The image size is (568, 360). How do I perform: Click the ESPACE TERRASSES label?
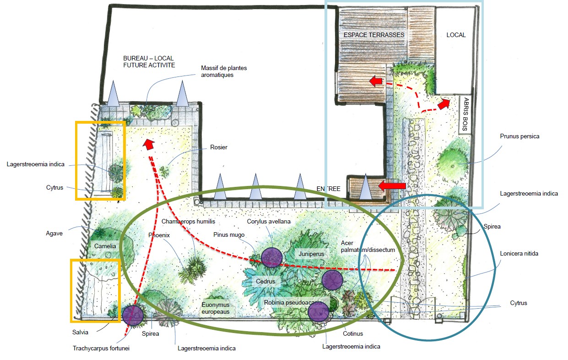374,35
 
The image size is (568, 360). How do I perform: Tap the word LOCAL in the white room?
456,35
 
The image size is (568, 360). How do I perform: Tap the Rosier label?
219,147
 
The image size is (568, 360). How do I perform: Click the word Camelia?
105,246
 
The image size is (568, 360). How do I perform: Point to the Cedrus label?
265,281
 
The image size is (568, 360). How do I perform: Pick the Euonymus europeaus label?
216,308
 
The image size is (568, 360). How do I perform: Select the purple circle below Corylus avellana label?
271,257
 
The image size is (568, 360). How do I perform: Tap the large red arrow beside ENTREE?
392,185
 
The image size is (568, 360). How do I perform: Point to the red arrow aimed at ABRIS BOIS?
443,104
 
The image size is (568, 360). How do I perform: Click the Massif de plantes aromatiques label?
224,71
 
